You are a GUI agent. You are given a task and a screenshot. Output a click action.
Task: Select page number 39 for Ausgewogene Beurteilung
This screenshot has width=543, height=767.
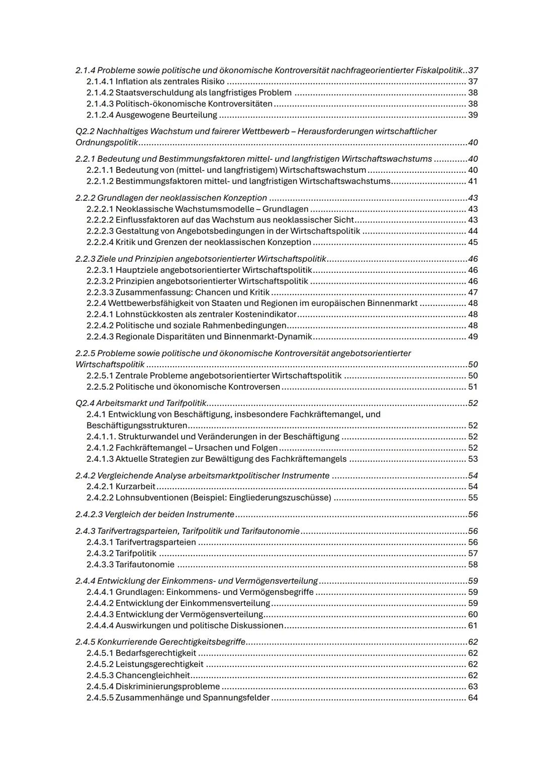[x=473, y=115]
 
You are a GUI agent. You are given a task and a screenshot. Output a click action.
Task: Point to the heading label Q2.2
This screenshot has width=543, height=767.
[x=85, y=131]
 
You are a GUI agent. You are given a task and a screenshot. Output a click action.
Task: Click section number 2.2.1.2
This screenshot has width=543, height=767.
[x=100, y=181]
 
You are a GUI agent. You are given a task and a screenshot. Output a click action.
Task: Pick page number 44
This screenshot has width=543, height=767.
[x=473, y=231]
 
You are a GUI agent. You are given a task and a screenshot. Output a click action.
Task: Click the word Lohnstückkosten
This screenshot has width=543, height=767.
[x=147, y=314]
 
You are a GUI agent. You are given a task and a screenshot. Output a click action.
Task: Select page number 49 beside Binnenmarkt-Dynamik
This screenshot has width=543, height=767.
[x=473, y=337]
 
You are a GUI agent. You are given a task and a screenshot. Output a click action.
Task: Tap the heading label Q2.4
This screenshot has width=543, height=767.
[x=85, y=403]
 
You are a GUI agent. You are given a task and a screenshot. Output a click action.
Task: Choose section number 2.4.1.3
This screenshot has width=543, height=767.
[x=100, y=459]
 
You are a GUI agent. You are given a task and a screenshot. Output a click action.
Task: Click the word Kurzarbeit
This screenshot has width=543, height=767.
[x=135, y=486]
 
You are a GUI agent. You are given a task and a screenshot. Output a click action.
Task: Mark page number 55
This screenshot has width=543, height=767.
[x=473, y=498]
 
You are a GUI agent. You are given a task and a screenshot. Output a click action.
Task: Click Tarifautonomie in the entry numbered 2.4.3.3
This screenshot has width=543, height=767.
[x=145, y=565]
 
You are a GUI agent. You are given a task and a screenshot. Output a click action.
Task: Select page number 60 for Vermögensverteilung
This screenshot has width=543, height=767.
[x=473, y=614]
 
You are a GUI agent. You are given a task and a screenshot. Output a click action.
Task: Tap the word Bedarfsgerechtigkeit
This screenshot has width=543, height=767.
[x=156, y=653]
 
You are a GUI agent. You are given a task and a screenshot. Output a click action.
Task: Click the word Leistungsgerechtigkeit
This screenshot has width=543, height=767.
[x=159, y=664]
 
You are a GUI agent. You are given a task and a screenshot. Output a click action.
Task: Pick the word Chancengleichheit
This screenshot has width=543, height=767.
[x=153, y=676]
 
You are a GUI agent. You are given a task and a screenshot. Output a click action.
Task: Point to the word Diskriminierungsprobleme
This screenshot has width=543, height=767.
[x=167, y=687]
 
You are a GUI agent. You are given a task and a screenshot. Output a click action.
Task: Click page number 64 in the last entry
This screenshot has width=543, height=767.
[x=473, y=698]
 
